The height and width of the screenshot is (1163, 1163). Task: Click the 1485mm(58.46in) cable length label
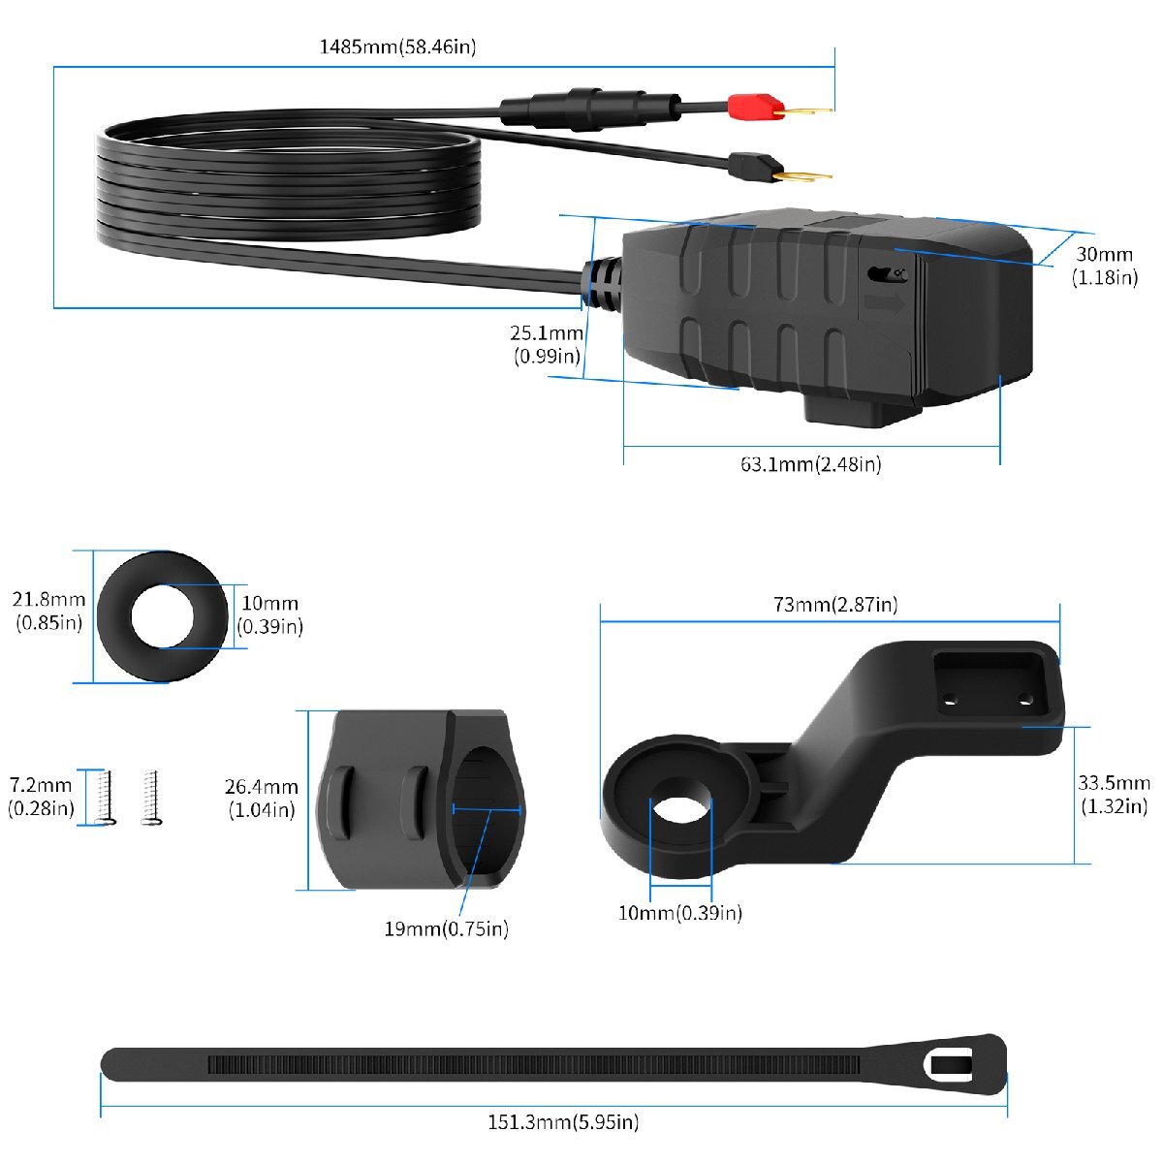click(x=397, y=47)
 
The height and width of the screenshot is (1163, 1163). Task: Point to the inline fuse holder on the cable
click(x=590, y=109)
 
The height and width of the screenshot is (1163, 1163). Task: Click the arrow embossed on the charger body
click(x=885, y=303)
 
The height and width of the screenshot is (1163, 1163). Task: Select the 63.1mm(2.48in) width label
click(x=810, y=465)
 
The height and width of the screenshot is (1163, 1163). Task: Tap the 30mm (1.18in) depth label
click(x=1105, y=266)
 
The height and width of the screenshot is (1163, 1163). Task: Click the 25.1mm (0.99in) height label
click(x=547, y=344)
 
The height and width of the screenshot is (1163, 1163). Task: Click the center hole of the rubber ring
click(x=162, y=616)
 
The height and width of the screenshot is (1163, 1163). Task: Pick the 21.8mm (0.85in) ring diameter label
click(x=48, y=611)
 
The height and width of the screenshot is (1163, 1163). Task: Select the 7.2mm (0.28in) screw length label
click(x=41, y=796)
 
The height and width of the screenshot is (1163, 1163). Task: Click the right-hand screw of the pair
click(x=151, y=798)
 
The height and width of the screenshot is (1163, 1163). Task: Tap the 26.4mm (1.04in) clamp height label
click(x=262, y=798)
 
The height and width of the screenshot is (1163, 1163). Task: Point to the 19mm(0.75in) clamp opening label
click(x=446, y=928)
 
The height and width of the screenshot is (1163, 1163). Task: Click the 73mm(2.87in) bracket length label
click(x=835, y=604)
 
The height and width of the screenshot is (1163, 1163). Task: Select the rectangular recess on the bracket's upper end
click(x=990, y=682)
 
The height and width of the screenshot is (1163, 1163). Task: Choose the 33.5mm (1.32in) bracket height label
click(x=1115, y=795)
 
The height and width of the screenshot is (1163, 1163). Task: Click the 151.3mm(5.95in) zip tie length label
click(x=563, y=1122)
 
